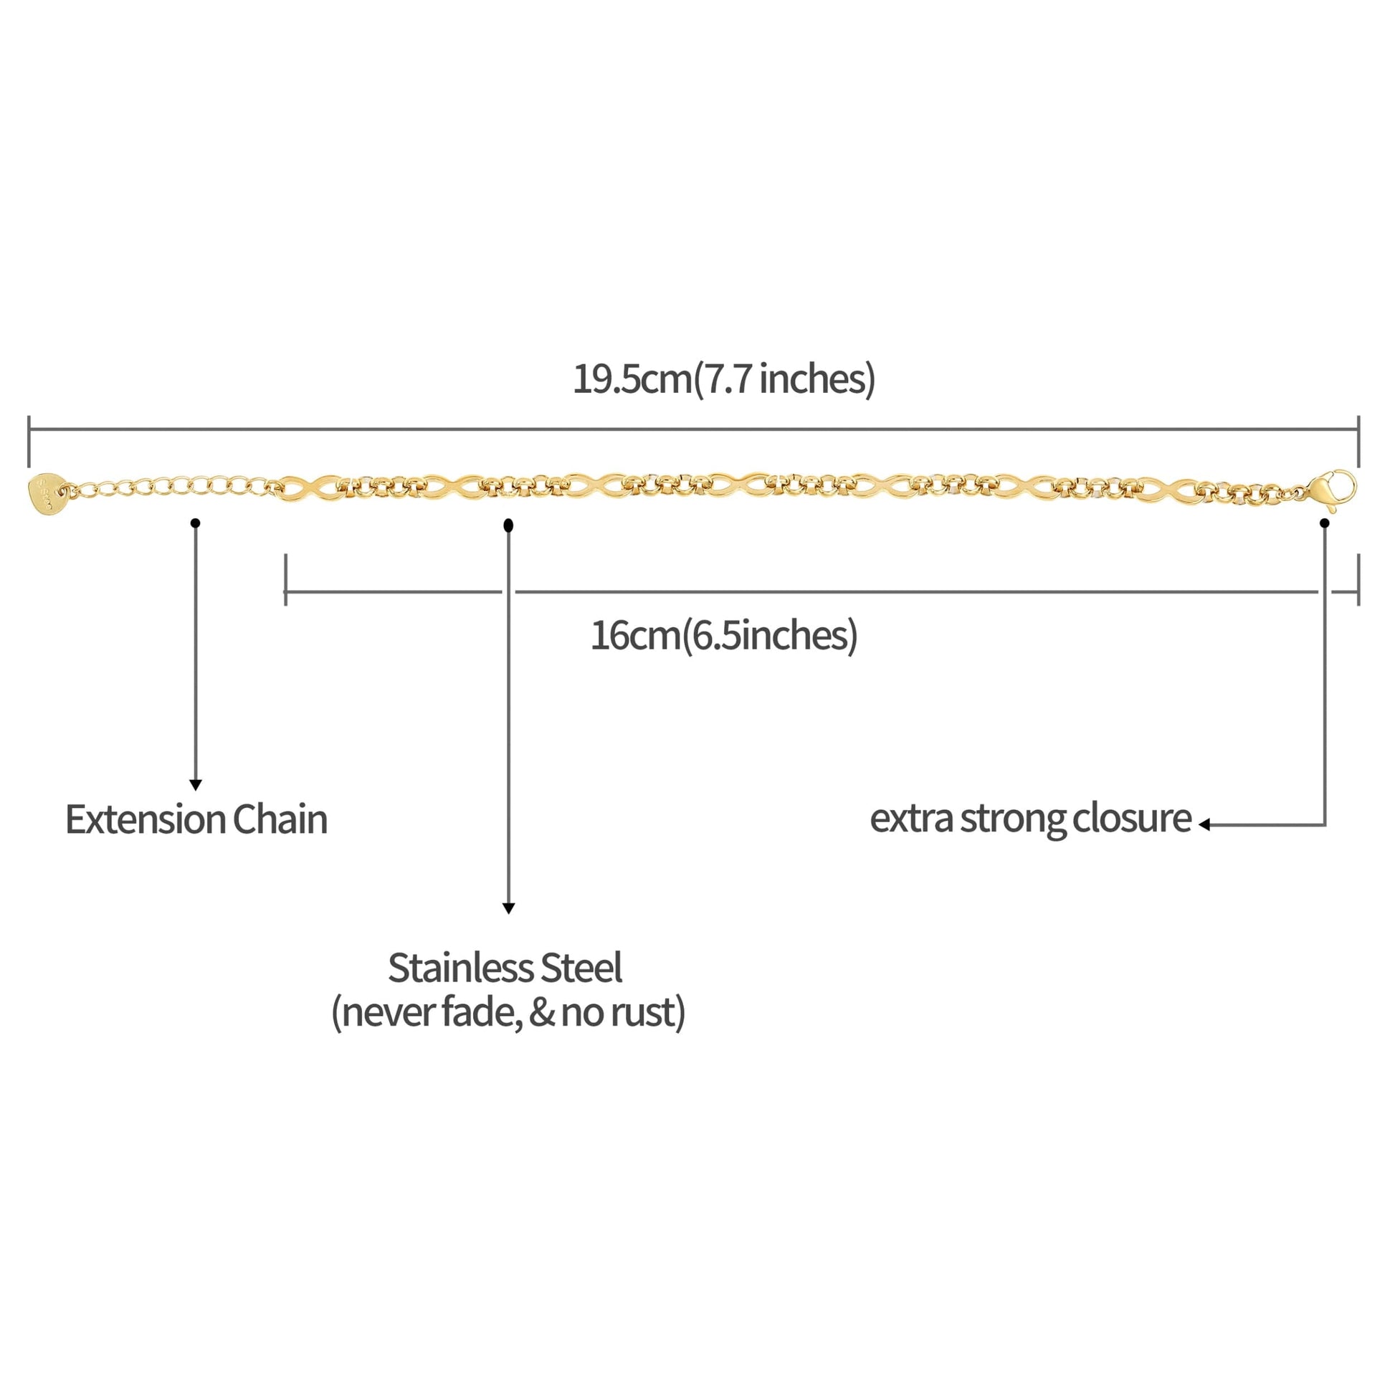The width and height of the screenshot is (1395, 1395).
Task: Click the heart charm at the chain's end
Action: [x=45, y=492]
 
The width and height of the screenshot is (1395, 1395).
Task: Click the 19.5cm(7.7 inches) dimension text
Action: [x=723, y=378]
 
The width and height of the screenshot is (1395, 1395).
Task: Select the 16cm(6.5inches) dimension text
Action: [x=723, y=635]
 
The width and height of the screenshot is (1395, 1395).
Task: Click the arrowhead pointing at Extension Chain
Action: [x=196, y=785]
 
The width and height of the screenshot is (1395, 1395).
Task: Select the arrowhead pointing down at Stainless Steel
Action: [x=508, y=908]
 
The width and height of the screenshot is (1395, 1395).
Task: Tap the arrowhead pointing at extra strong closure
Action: [x=1204, y=824]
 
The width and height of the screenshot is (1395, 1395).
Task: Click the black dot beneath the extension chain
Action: [x=196, y=523]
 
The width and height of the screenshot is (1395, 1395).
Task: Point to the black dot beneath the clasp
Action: [x=1324, y=523]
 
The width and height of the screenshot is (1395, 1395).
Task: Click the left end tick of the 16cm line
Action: [x=286, y=580]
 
